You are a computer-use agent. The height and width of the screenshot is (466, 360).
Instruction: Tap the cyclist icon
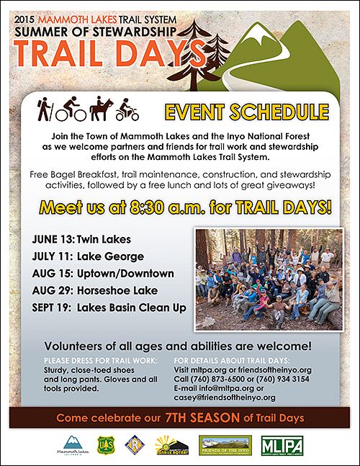pyautogui.click(x=76, y=109)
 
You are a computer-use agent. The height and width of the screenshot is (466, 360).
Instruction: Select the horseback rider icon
pyautogui.click(x=101, y=109)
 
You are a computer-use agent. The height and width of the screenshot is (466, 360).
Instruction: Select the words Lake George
pyautogui.click(x=112, y=256)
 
